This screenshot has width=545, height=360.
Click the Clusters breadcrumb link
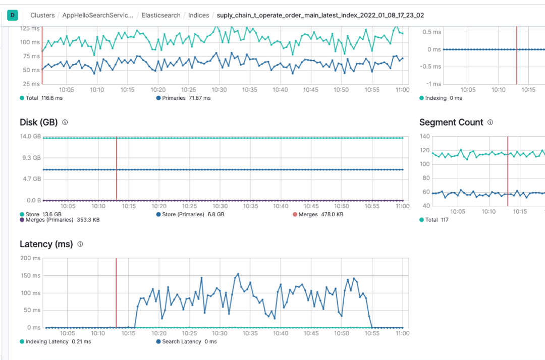click(42, 15)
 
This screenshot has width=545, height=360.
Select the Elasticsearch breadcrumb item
click(161, 15)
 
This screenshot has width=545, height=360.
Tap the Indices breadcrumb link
click(198, 15)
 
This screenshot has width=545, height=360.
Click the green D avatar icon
click(13, 15)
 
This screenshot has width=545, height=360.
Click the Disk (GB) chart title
click(38, 122)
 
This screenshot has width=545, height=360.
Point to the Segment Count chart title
click(451, 122)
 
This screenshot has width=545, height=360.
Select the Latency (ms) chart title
click(46, 244)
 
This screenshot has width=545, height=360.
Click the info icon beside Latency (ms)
click(80, 244)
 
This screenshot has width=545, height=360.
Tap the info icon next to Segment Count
click(490, 122)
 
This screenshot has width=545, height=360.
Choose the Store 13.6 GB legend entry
click(39, 214)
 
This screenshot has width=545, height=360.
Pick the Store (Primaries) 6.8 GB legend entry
click(190, 214)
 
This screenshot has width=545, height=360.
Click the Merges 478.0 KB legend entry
click(318, 214)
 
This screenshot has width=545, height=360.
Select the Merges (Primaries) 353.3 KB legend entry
click(59, 220)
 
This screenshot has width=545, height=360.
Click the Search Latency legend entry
click(186, 341)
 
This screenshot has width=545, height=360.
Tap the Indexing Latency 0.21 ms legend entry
click(56, 341)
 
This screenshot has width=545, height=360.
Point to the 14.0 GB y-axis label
click(30, 136)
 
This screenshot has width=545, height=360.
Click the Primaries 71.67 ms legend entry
click(184, 98)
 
